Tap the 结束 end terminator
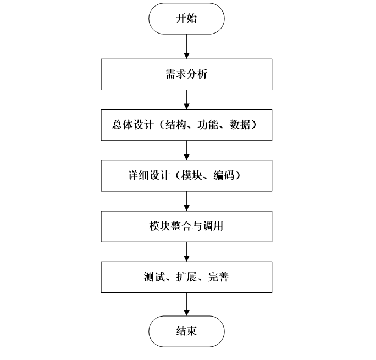[x=186, y=331]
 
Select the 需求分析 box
[x=186, y=74]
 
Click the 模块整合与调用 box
[x=186, y=226]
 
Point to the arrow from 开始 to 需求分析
[x=186, y=46]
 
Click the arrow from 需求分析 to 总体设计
[x=186, y=99]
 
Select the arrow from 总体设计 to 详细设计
[x=186, y=150]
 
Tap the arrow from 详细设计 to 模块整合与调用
[x=186, y=201]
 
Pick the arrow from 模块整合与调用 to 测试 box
[x=186, y=251]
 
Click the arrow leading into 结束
[x=186, y=304]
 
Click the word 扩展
[x=180, y=277]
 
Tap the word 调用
[x=214, y=226]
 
